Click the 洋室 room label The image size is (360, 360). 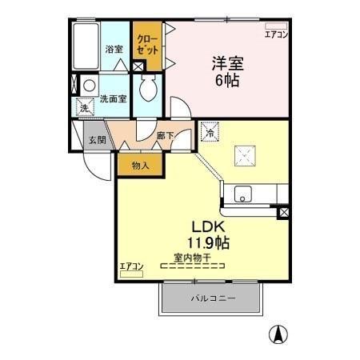[228, 63]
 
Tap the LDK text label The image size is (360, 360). [209, 227]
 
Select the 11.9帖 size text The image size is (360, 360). [208, 242]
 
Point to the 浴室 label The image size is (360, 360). [114, 49]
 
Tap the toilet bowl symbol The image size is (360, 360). [147, 87]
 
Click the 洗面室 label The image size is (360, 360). [114, 99]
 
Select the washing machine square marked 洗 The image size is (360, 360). [85, 107]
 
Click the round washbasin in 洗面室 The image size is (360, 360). [89, 86]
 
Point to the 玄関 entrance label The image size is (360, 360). [98, 140]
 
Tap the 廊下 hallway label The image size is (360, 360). [165, 136]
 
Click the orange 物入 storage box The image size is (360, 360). [140, 165]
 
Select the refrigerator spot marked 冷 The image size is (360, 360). [210, 131]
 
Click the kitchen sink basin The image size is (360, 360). [243, 194]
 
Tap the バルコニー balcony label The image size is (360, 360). [213, 298]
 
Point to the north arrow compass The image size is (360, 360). [278, 334]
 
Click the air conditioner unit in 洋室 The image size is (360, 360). [276, 26]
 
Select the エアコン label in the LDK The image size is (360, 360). [131, 266]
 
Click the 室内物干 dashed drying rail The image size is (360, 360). [192, 266]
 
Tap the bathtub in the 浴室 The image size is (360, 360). [86, 46]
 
